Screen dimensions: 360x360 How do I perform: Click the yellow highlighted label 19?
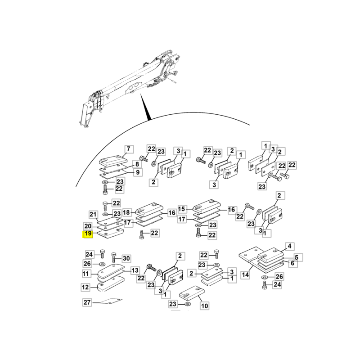pos(88,234)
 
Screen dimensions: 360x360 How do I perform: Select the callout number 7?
pos(129,149)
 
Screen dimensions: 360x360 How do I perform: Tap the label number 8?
pos(137,164)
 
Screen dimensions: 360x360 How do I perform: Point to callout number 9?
pos(138,172)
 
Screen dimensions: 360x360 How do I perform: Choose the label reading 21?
pos(93,215)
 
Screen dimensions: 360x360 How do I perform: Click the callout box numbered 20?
pos(88,226)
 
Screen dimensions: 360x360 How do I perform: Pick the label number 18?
pos(126,212)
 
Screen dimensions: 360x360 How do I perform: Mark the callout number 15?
pos(181,209)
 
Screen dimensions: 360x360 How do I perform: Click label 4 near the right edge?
pos(289,246)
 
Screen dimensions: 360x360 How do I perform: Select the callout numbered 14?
pos(245,274)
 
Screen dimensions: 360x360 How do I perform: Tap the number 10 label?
pos(204,306)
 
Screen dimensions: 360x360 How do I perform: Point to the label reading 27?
pos(87,302)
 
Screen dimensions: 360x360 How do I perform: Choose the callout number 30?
pos(126,258)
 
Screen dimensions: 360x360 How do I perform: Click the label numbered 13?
pos(135,270)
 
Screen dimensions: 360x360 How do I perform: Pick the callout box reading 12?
pos(85,287)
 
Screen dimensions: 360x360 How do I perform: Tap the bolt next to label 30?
pos(113,258)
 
